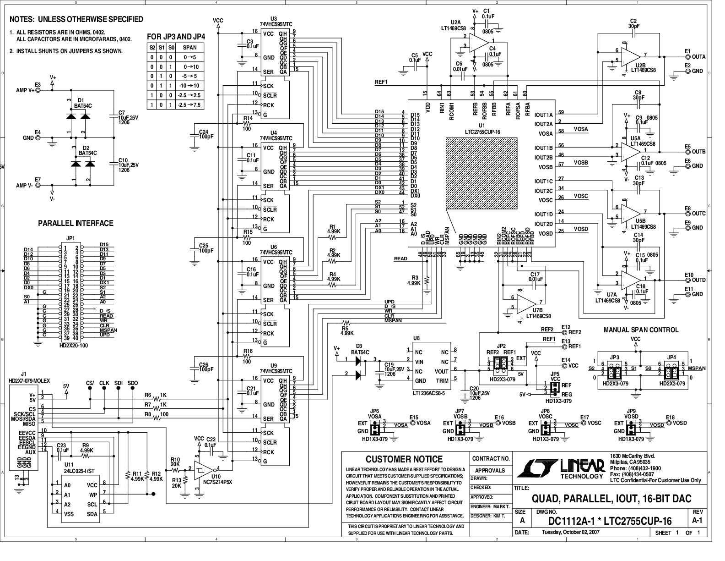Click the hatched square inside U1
coord(481,173)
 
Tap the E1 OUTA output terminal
coord(687,57)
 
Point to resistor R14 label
coord(247,118)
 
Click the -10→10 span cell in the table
coord(190,86)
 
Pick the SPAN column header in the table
coord(190,47)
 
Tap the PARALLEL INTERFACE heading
coord(76,223)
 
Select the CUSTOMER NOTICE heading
coord(404,459)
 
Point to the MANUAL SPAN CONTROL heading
coord(641,330)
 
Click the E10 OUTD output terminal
coord(687,280)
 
